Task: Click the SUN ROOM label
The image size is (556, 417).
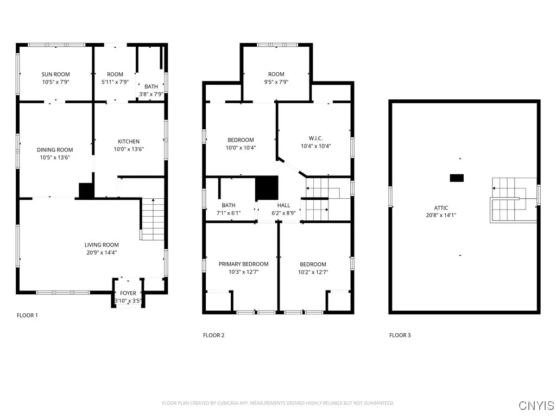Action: point(55,74)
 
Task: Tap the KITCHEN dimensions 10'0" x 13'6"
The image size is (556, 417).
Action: point(128,149)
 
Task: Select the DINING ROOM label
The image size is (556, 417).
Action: point(55,150)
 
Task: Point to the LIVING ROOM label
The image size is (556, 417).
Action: point(101,245)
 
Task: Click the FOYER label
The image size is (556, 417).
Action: point(128,293)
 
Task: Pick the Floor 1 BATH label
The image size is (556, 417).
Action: point(151,86)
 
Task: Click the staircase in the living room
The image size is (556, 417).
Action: point(153,219)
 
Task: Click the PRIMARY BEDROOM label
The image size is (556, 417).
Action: point(243,264)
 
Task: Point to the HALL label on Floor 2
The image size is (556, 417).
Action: point(283,206)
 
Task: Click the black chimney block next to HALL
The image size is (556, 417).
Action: point(267,188)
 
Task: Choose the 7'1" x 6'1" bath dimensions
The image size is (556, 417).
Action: point(228,213)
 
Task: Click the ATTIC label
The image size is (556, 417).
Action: point(441,208)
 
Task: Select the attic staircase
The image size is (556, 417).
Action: point(513,200)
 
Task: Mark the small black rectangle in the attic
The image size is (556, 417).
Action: point(457,178)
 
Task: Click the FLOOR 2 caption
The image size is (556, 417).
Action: point(213,335)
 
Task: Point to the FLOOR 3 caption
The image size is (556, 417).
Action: point(400,335)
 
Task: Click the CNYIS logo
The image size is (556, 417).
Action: point(536,405)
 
